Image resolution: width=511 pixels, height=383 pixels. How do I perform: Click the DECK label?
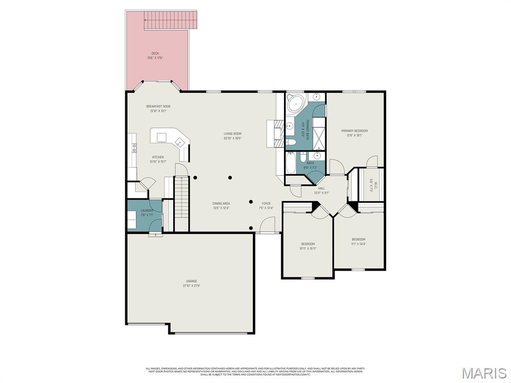click(x=155, y=53)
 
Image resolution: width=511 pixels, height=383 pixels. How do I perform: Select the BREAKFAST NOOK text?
click(x=158, y=106)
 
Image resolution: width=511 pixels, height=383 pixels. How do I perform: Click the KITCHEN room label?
click(x=158, y=157)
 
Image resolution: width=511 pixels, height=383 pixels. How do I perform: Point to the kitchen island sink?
click(x=178, y=143)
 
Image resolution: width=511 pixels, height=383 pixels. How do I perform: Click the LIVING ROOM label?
click(x=233, y=134)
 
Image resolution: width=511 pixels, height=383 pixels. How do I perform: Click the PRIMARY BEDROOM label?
click(x=354, y=131)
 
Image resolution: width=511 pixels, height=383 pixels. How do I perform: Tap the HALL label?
click(x=321, y=188)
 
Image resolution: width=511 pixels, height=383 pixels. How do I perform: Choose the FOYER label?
click(x=266, y=203)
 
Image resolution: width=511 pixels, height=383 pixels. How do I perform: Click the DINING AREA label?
click(x=221, y=203)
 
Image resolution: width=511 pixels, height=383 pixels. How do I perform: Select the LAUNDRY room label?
click(x=147, y=210)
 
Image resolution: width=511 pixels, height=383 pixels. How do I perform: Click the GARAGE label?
click(x=192, y=281)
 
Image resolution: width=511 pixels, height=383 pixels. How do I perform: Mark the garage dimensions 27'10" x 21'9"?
click(x=192, y=286)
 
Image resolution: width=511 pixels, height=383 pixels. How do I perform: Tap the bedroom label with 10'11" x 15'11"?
click(x=308, y=244)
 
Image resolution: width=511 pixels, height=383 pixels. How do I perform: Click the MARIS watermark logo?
click(x=484, y=373)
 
